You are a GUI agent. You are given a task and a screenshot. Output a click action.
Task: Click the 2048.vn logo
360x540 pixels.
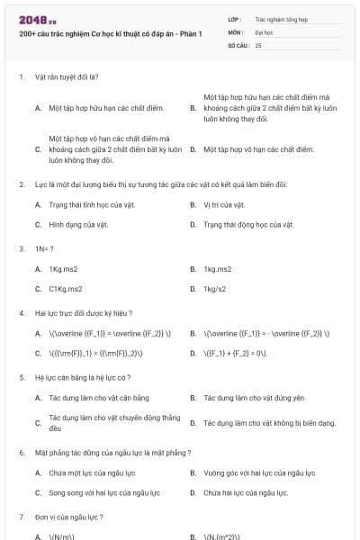click(x=31, y=19)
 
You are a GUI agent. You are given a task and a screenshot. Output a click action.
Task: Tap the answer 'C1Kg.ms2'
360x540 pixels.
click(x=66, y=289)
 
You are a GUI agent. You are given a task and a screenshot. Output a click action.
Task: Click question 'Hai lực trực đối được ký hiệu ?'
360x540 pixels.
click(x=83, y=312)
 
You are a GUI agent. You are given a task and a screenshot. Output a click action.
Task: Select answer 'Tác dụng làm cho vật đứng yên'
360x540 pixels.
click(x=254, y=398)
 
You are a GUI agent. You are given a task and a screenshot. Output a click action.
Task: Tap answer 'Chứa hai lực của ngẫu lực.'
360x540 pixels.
click(x=246, y=492)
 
